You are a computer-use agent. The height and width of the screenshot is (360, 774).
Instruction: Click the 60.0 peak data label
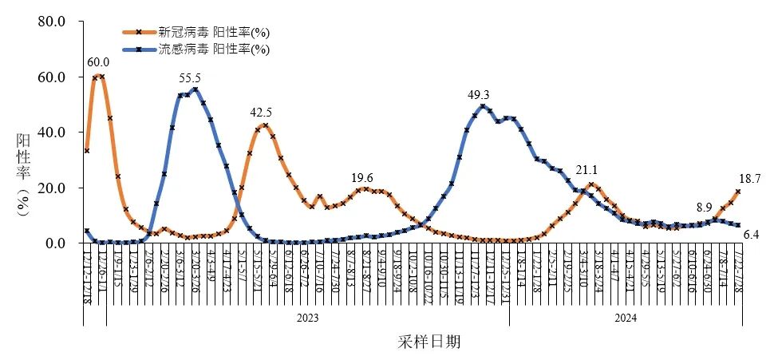click(98, 62)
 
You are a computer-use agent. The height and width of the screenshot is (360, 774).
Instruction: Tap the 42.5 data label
click(261, 113)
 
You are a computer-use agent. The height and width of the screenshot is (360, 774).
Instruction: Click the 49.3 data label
click(479, 95)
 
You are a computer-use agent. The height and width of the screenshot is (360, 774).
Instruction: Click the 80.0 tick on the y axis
click(50, 22)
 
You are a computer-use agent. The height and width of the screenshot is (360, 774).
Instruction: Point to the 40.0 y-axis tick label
click(50, 133)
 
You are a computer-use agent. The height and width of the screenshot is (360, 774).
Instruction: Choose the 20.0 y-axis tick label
click(50, 188)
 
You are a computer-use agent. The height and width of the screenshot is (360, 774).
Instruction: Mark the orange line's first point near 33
click(86, 151)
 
